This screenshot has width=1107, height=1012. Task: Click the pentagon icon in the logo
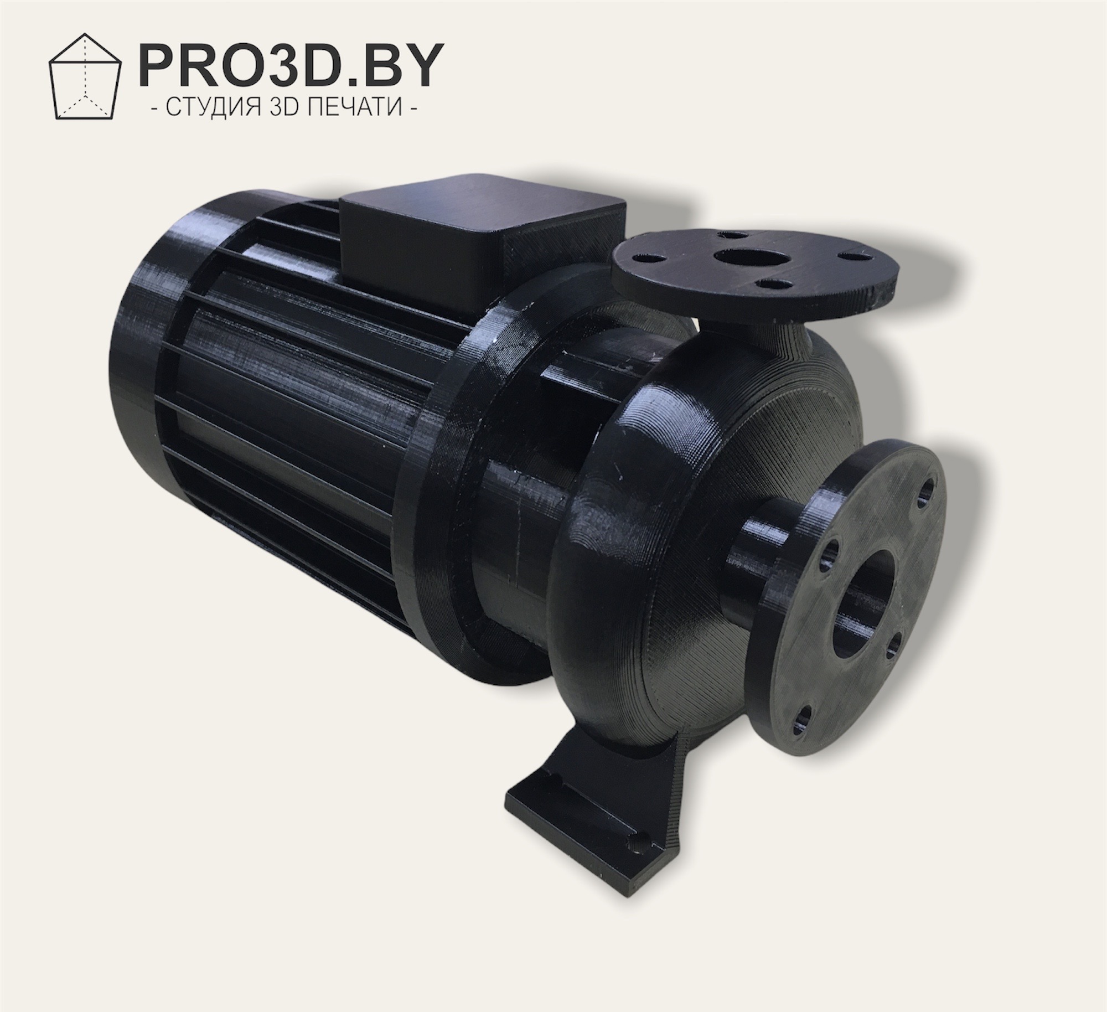click(x=85, y=76)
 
